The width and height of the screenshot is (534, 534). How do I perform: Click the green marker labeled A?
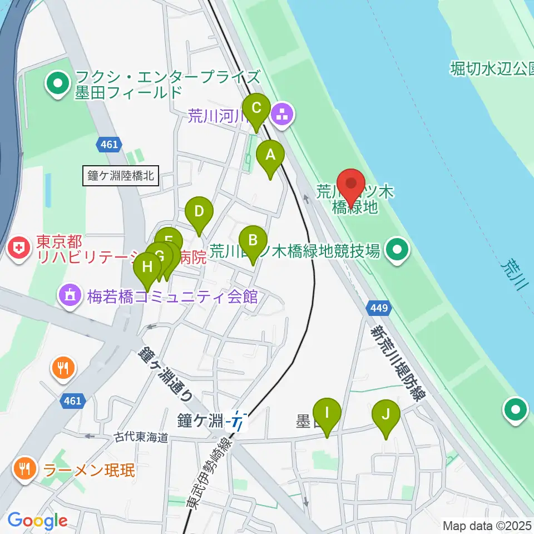coord(270,156)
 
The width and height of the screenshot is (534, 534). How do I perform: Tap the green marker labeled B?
coord(253,241)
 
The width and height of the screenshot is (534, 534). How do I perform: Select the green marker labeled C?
coord(256,108)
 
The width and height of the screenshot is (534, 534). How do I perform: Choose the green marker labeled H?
coord(147,268)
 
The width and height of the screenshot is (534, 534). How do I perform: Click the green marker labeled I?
coord(327,414)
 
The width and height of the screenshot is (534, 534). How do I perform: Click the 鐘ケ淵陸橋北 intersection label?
coord(121,177)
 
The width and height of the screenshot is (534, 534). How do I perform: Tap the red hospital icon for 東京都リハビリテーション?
coord(20,249)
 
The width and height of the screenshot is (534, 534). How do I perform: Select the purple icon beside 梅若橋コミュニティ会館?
coord(70,295)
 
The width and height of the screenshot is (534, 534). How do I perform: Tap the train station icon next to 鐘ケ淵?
coord(238,421)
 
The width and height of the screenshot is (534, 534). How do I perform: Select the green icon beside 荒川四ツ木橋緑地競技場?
coord(397,251)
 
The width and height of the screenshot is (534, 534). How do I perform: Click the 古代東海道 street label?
coord(141,438)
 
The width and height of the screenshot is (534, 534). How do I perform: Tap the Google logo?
coord(37,521)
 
